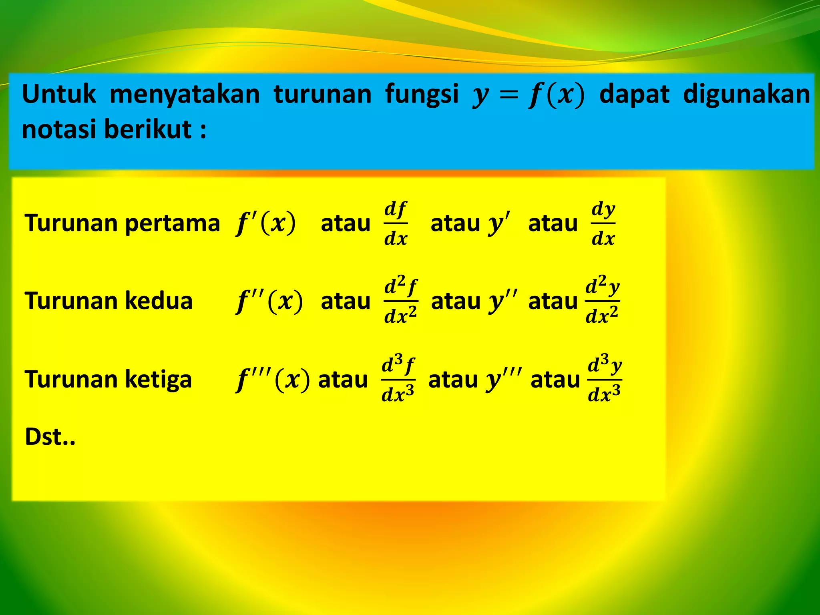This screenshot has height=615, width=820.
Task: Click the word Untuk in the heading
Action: [x=59, y=94]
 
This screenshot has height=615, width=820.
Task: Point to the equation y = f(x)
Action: [x=529, y=96]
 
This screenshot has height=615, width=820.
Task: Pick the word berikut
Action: [x=148, y=129]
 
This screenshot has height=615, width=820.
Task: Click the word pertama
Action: [x=173, y=223]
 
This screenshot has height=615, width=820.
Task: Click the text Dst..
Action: [x=50, y=437]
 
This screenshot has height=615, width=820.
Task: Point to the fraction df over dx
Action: [x=396, y=223]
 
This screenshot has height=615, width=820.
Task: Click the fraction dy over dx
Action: [x=603, y=223]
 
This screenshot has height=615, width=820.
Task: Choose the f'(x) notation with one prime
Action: [x=266, y=223]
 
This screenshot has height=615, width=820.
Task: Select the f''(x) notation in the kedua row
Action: [x=269, y=301]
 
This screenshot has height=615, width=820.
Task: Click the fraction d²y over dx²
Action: [x=602, y=300]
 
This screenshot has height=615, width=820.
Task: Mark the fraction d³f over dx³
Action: [x=398, y=379]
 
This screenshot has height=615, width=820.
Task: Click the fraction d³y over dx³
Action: [x=604, y=379]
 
